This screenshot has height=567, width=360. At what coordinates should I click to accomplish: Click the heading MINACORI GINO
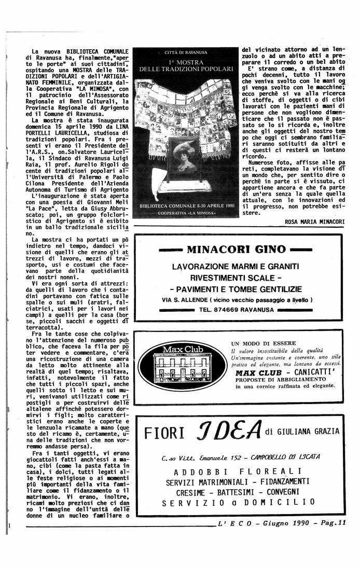point(236,250)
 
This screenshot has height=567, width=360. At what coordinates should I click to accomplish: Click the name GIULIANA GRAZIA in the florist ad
point(309,431)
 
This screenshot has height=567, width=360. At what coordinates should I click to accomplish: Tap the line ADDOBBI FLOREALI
point(238,472)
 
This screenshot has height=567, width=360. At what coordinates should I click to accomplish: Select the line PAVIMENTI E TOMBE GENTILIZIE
point(236,288)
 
